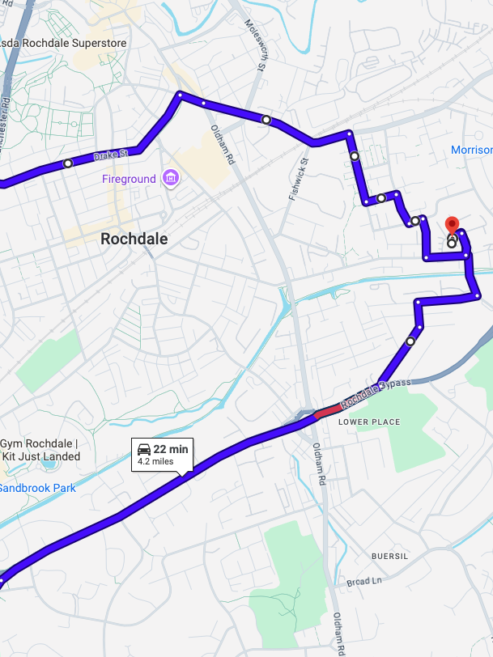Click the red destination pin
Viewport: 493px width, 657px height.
[x=453, y=224]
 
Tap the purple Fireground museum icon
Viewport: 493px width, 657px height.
[x=170, y=177]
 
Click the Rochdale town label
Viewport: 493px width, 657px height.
[x=134, y=239]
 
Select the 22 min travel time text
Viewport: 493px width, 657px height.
[x=171, y=449]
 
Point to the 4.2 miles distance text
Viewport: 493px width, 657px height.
[x=156, y=462]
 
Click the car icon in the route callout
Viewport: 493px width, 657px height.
[x=143, y=449]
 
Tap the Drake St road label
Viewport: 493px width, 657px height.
[x=111, y=154]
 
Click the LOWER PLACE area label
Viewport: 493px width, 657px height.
[x=369, y=422]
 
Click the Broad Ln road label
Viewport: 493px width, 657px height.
[x=364, y=582]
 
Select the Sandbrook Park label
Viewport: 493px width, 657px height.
[x=37, y=488]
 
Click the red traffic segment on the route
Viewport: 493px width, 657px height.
[x=328, y=412]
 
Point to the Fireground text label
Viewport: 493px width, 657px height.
[x=129, y=178]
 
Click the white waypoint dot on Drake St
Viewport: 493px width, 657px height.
[x=68, y=163]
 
